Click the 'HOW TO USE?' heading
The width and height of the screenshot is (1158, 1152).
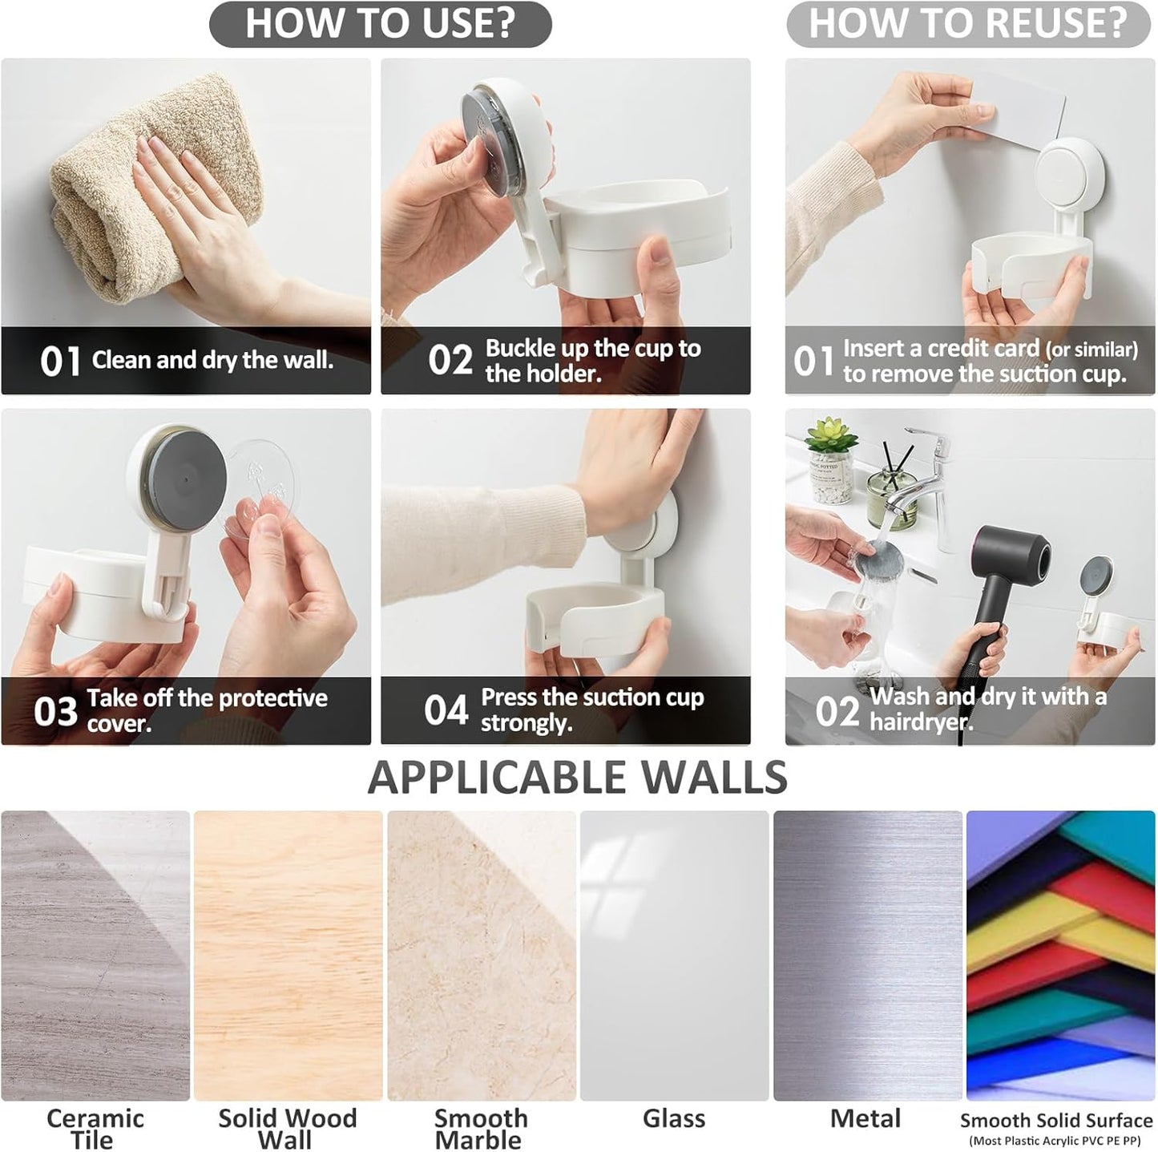coord(380,23)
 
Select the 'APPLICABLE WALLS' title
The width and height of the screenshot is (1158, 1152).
coord(577,778)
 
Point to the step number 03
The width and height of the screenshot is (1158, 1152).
coord(56,711)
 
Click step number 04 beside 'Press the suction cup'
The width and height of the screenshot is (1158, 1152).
coord(446,710)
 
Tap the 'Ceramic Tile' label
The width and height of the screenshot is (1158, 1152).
coord(95,1129)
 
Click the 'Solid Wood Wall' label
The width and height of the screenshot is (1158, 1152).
coord(287,1129)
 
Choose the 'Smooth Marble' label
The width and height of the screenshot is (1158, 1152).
coord(481,1129)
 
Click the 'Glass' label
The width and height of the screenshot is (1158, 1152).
coord(674,1119)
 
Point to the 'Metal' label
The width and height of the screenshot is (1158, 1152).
coord(865,1119)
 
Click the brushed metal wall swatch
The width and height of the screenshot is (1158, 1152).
coord(868,956)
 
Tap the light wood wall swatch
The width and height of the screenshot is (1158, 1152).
coord(288,956)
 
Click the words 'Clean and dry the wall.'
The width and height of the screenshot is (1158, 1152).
coord(212,360)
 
